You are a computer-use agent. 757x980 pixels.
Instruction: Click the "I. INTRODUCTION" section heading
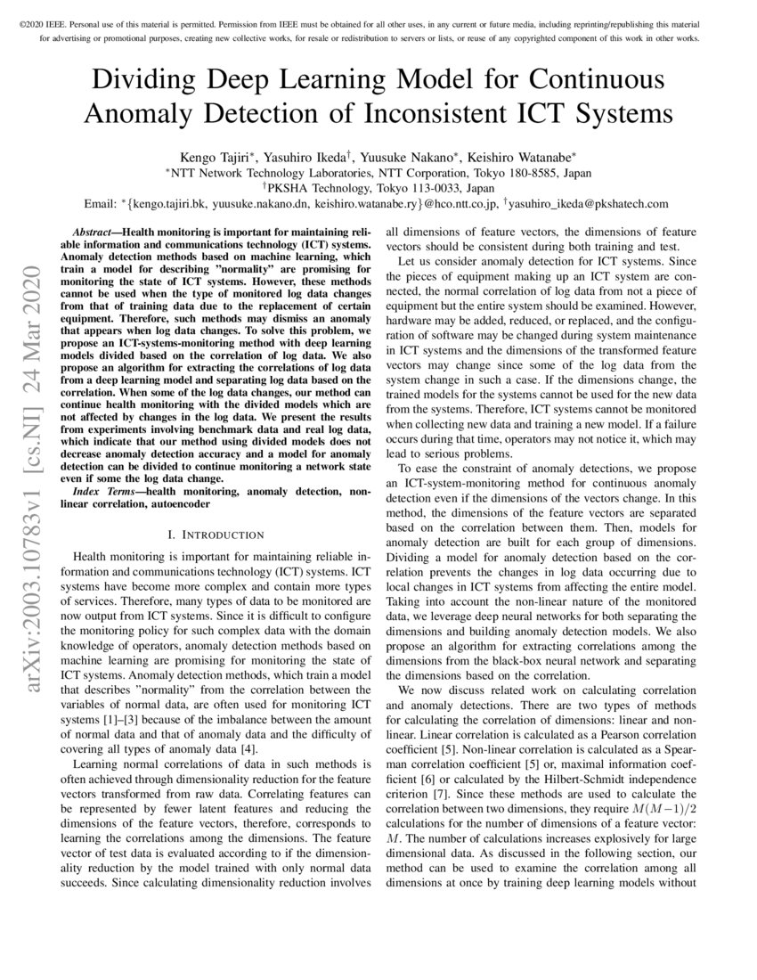click(x=216, y=535)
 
